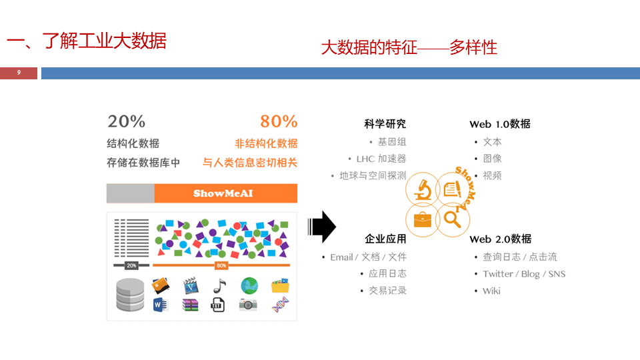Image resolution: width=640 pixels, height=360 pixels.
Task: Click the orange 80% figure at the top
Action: coord(279,121)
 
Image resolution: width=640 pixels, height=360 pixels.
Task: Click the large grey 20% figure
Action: coord(127,121)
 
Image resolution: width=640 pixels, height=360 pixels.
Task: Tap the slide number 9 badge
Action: coord(19,73)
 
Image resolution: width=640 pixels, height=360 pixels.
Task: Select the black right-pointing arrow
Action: coord(322,227)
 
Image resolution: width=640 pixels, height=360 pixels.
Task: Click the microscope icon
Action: coord(423,189)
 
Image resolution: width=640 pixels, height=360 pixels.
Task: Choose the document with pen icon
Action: coord(453,189)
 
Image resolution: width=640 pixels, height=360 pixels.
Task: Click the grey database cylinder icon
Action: coord(130,295)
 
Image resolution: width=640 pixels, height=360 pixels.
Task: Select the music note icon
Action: coord(219,285)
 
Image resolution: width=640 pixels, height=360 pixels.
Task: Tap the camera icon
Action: coord(248,305)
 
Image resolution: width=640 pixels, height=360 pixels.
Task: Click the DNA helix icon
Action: coord(280,305)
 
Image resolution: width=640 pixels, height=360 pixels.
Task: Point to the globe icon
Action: coord(249,285)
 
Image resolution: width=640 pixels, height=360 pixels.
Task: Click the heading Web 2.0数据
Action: coord(500,239)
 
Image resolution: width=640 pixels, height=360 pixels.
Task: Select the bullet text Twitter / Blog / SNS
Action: coord(524,274)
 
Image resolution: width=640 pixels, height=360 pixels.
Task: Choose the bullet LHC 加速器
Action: coord(381,159)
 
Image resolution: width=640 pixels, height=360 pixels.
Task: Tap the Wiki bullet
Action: coord(491,291)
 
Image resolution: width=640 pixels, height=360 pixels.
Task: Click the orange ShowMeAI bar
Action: coord(225,193)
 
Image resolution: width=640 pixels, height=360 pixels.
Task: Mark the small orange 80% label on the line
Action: coord(221,265)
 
